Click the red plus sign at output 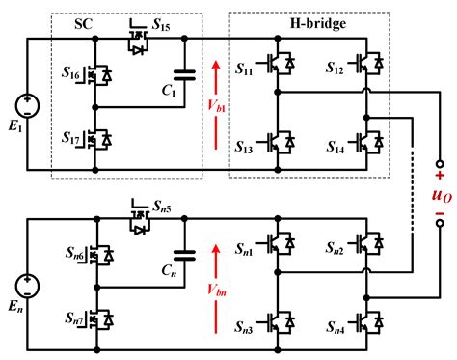pos(440,178)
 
